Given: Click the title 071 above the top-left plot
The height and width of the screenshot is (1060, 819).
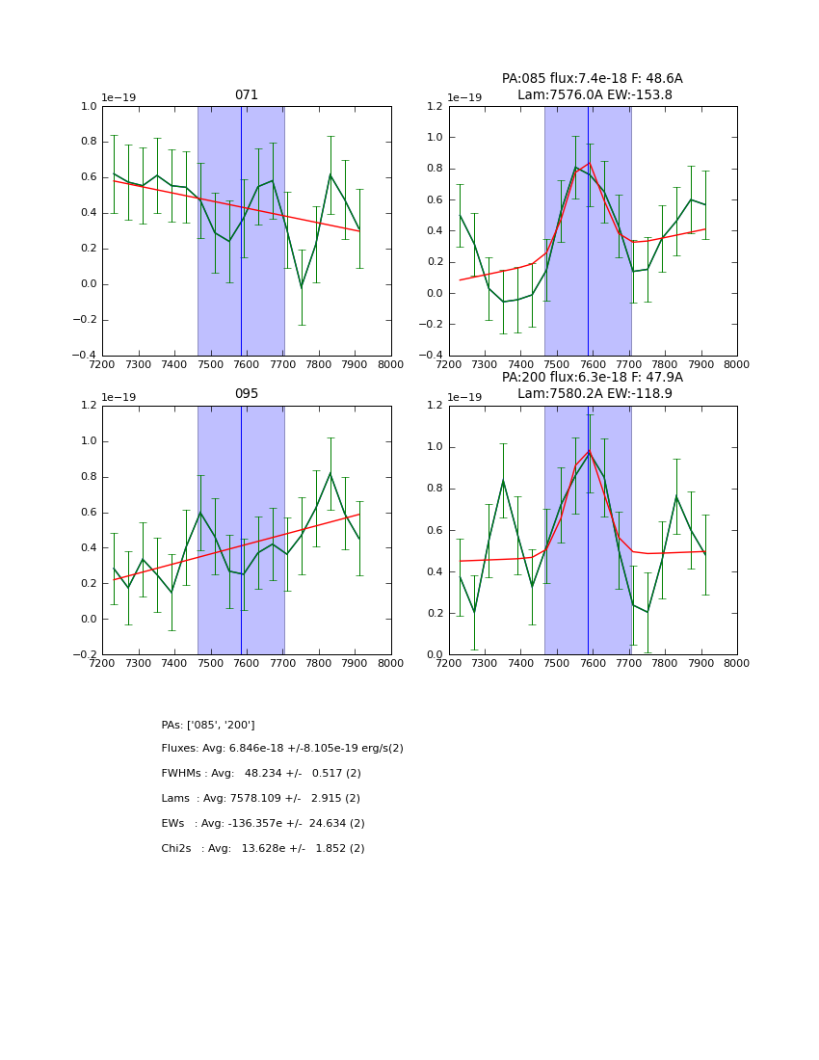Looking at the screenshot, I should click(x=247, y=95).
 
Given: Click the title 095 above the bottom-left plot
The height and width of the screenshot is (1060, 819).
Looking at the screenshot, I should click(x=247, y=394).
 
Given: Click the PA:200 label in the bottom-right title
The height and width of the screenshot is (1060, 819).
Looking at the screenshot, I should click(x=521, y=378).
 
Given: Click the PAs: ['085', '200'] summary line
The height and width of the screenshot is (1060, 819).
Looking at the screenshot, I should click(x=208, y=725).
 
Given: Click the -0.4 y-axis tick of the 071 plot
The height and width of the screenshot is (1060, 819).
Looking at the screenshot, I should click(x=85, y=356).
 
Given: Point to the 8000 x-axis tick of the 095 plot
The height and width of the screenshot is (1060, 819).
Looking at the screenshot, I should click(x=391, y=664).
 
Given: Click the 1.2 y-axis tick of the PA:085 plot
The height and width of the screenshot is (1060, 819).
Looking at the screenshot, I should click(x=434, y=107).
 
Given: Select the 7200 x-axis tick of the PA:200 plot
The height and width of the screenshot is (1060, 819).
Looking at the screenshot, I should click(x=449, y=664).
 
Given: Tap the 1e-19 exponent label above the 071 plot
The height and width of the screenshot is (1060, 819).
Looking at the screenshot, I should click(x=119, y=98).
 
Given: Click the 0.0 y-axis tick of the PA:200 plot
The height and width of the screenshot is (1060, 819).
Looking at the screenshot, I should click(x=434, y=655).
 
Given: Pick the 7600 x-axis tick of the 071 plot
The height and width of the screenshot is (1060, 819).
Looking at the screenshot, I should click(x=247, y=365).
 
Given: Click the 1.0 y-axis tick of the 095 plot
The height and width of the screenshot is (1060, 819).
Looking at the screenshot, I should click(x=87, y=441).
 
